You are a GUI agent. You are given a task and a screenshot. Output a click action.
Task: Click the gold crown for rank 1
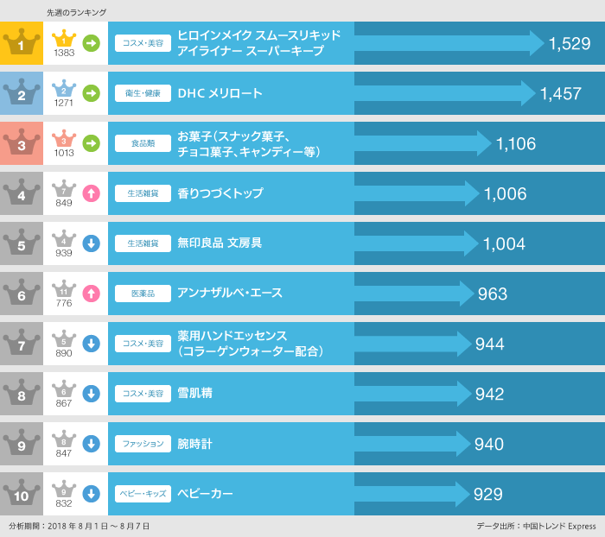pyautogui.click(x=22, y=43)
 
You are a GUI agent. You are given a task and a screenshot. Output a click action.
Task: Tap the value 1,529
pyautogui.click(x=569, y=44)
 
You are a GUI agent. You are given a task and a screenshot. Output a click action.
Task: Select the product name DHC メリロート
pyautogui.click(x=220, y=93)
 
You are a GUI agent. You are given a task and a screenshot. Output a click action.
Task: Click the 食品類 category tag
pyautogui.click(x=143, y=143)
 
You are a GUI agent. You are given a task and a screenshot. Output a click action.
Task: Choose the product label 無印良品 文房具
pyautogui.click(x=220, y=243)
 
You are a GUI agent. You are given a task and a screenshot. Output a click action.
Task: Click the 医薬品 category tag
pyautogui.click(x=143, y=294)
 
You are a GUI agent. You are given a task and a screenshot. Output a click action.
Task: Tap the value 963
pyautogui.click(x=492, y=294)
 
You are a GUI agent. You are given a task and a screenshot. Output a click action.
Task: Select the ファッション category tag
pyautogui.click(x=143, y=444)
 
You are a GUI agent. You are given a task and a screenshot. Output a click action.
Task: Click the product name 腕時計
pyautogui.click(x=194, y=444)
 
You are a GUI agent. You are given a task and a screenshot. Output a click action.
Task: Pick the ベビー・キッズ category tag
pyautogui.click(x=143, y=494)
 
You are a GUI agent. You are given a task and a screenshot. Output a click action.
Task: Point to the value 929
pyautogui.click(x=488, y=495)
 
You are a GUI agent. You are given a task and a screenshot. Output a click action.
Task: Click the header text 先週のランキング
pyautogui.click(x=77, y=12)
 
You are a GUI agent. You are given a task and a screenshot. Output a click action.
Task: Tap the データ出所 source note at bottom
pyautogui.click(x=536, y=526)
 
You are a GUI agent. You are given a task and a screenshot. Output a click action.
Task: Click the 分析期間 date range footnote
pyautogui.click(x=80, y=526)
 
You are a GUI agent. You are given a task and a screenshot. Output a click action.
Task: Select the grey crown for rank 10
pyautogui.click(x=22, y=494)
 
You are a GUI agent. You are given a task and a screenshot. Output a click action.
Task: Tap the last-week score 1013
pyautogui.click(x=64, y=153)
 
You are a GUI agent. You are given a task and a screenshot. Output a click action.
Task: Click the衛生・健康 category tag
pyautogui.click(x=143, y=93)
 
